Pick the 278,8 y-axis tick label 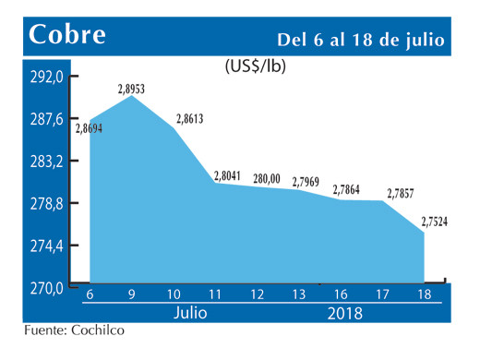click(x=45, y=204)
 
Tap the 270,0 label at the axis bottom click(x=45, y=288)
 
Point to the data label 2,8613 click(x=188, y=120)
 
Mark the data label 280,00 click(x=266, y=177)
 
